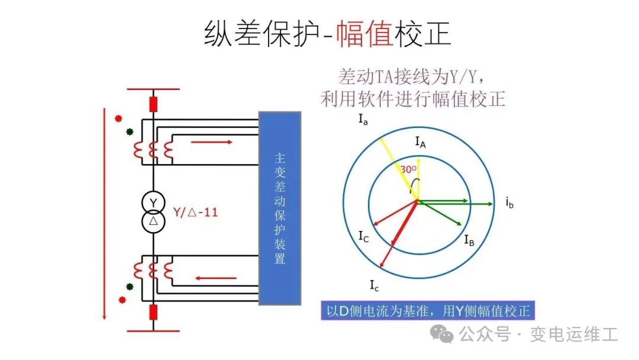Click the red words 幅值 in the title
click(x=364, y=33)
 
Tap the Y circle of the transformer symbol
click(x=153, y=202)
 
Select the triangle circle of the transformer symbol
click(x=153, y=221)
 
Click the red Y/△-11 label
click(x=196, y=212)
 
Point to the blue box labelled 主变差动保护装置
click(x=280, y=208)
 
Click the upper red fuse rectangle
click(x=153, y=104)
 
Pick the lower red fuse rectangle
click(x=153, y=312)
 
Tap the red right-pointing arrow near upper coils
click(x=211, y=142)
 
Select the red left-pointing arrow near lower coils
click(x=215, y=278)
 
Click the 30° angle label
click(x=408, y=169)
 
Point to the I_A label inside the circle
click(x=421, y=142)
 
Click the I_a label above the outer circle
click(x=363, y=120)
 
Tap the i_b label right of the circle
click(x=509, y=202)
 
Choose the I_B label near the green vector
click(x=469, y=240)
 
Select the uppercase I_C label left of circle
click(x=363, y=236)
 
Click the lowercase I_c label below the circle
click(x=374, y=285)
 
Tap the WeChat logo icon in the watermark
click(x=442, y=334)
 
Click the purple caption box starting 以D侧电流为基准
click(x=428, y=311)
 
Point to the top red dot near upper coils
click(x=118, y=118)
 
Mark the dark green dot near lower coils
click(x=130, y=287)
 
